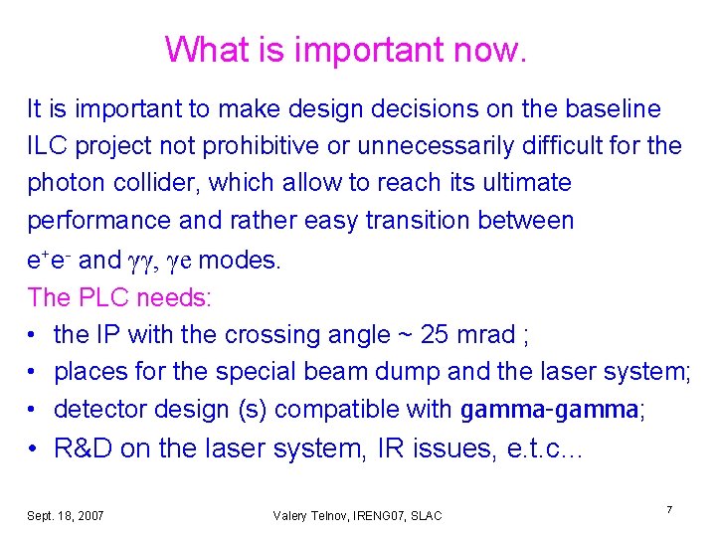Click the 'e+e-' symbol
coord(49,261)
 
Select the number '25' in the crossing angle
coord(435,335)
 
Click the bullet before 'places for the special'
coord(34,372)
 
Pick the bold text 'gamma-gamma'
coord(549,410)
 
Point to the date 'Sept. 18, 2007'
coord(66,515)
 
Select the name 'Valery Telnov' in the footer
coord(307,515)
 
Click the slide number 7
coord(669,510)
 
